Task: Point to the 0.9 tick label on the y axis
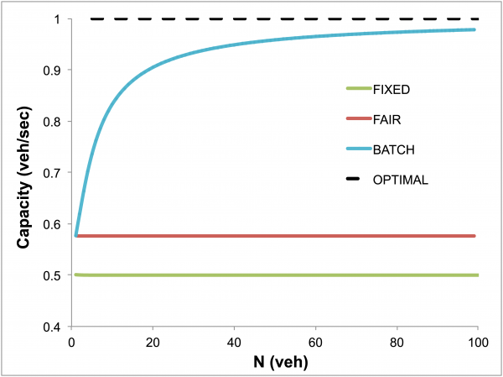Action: pos(55,71)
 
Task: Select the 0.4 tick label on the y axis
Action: pos(55,327)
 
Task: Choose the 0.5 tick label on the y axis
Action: pos(55,275)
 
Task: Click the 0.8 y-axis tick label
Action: pos(55,122)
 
